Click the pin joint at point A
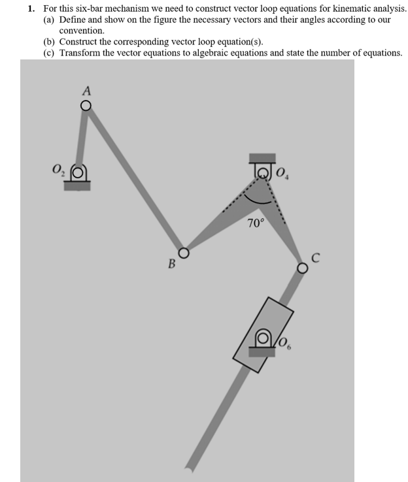(x=85, y=105)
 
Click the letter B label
(x=171, y=265)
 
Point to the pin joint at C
(x=302, y=268)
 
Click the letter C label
(x=315, y=258)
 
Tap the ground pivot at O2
(x=78, y=174)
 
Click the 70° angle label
(x=256, y=223)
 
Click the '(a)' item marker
(x=50, y=20)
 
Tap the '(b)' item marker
(x=50, y=42)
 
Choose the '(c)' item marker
(x=50, y=52)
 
